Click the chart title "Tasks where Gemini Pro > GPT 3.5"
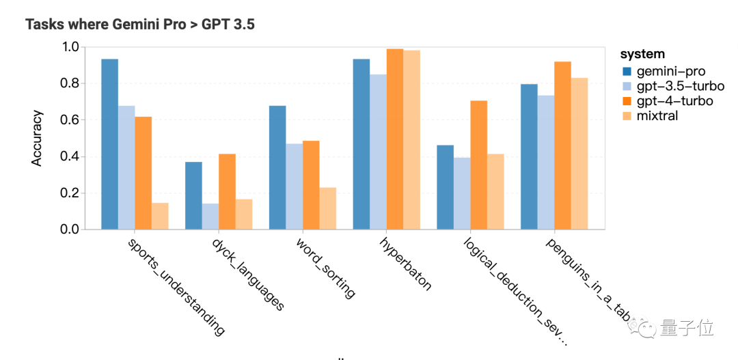coord(140,25)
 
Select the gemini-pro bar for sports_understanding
coord(109,144)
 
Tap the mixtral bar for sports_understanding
coord(160,216)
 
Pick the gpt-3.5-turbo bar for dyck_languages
coord(210,216)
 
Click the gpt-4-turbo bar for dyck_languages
coord(227,192)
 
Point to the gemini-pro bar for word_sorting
coord(277,167)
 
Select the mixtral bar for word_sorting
coord(327,208)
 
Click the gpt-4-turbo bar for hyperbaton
coord(394,139)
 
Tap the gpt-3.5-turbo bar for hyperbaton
coord(378,152)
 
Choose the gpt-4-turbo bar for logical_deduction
coord(478,165)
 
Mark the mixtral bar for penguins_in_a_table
coord(579,154)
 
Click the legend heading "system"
coord(642,54)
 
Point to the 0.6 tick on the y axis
coord(71,120)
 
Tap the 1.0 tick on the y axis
coord(71,47)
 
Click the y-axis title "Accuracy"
coord(37,138)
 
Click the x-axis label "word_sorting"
coord(325,268)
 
